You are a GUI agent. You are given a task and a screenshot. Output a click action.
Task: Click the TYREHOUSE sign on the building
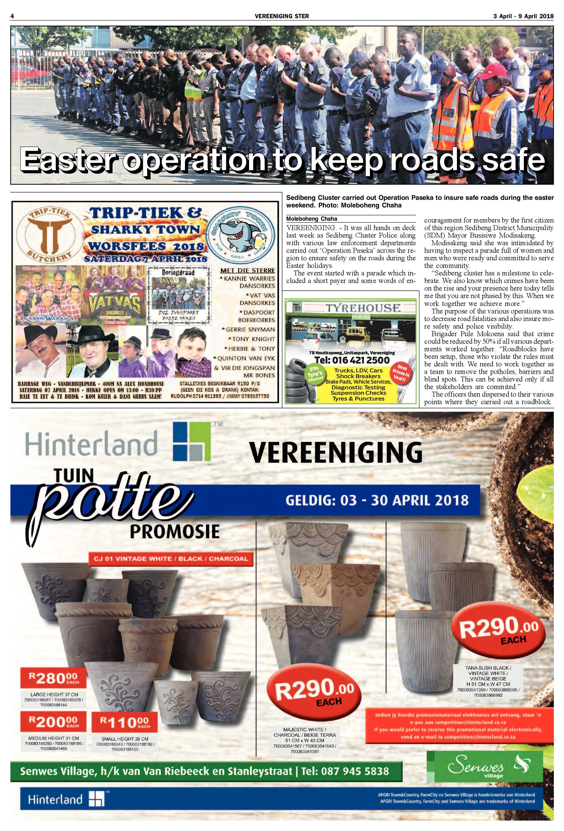(363, 308)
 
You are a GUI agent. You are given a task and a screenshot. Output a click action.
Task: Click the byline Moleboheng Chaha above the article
(311, 218)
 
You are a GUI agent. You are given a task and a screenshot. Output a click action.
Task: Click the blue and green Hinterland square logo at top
(192, 442)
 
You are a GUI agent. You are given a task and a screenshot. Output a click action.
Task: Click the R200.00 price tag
(54, 723)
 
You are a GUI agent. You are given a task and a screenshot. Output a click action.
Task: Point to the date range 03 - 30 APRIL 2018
(377, 500)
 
